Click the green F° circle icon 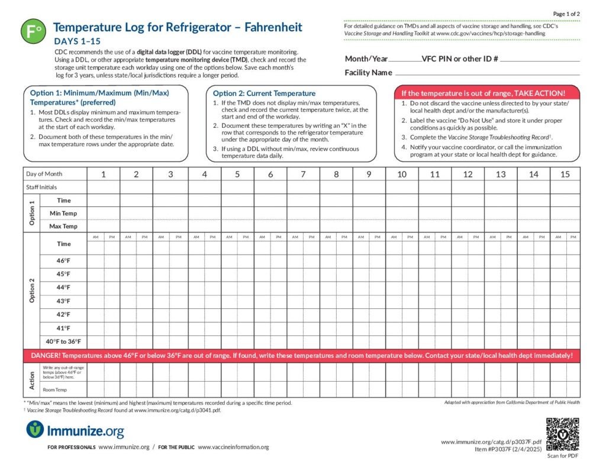[33, 31]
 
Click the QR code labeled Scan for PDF [562, 434]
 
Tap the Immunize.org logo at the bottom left [75, 429]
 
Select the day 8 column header [336, 174]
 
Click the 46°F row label [63, 261]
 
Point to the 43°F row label [63, 301]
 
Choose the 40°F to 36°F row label [63, 341]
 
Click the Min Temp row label [63, 213]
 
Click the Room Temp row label [54, 390]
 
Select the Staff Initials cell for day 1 [104, 187]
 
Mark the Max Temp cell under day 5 [237, 226]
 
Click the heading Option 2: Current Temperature [264, 93]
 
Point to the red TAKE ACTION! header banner [487, 93]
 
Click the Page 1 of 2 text [566, 14]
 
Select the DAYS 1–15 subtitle [77, 41]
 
